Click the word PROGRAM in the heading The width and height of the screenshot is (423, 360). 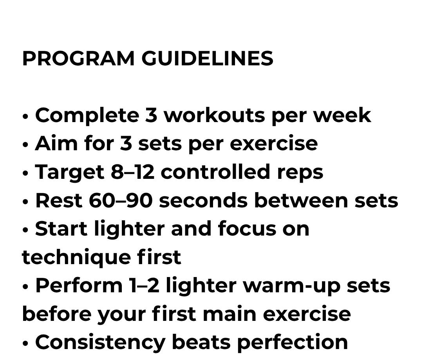[x=78, y=58]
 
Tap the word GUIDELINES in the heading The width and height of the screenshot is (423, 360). [x=208, y=58]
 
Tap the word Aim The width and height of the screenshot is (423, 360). [x=56, y=143]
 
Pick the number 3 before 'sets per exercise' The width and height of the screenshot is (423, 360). [x=126, y=144]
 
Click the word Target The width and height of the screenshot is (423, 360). [x=70, y=173]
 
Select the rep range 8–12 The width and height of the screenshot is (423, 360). [x=132, y=172]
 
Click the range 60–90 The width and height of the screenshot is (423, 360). [x=121, y=200]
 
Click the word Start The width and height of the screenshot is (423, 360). [x=61, y=229]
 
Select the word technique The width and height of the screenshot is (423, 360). [x=76, y=258]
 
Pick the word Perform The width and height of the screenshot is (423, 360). [x=79, y=285]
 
